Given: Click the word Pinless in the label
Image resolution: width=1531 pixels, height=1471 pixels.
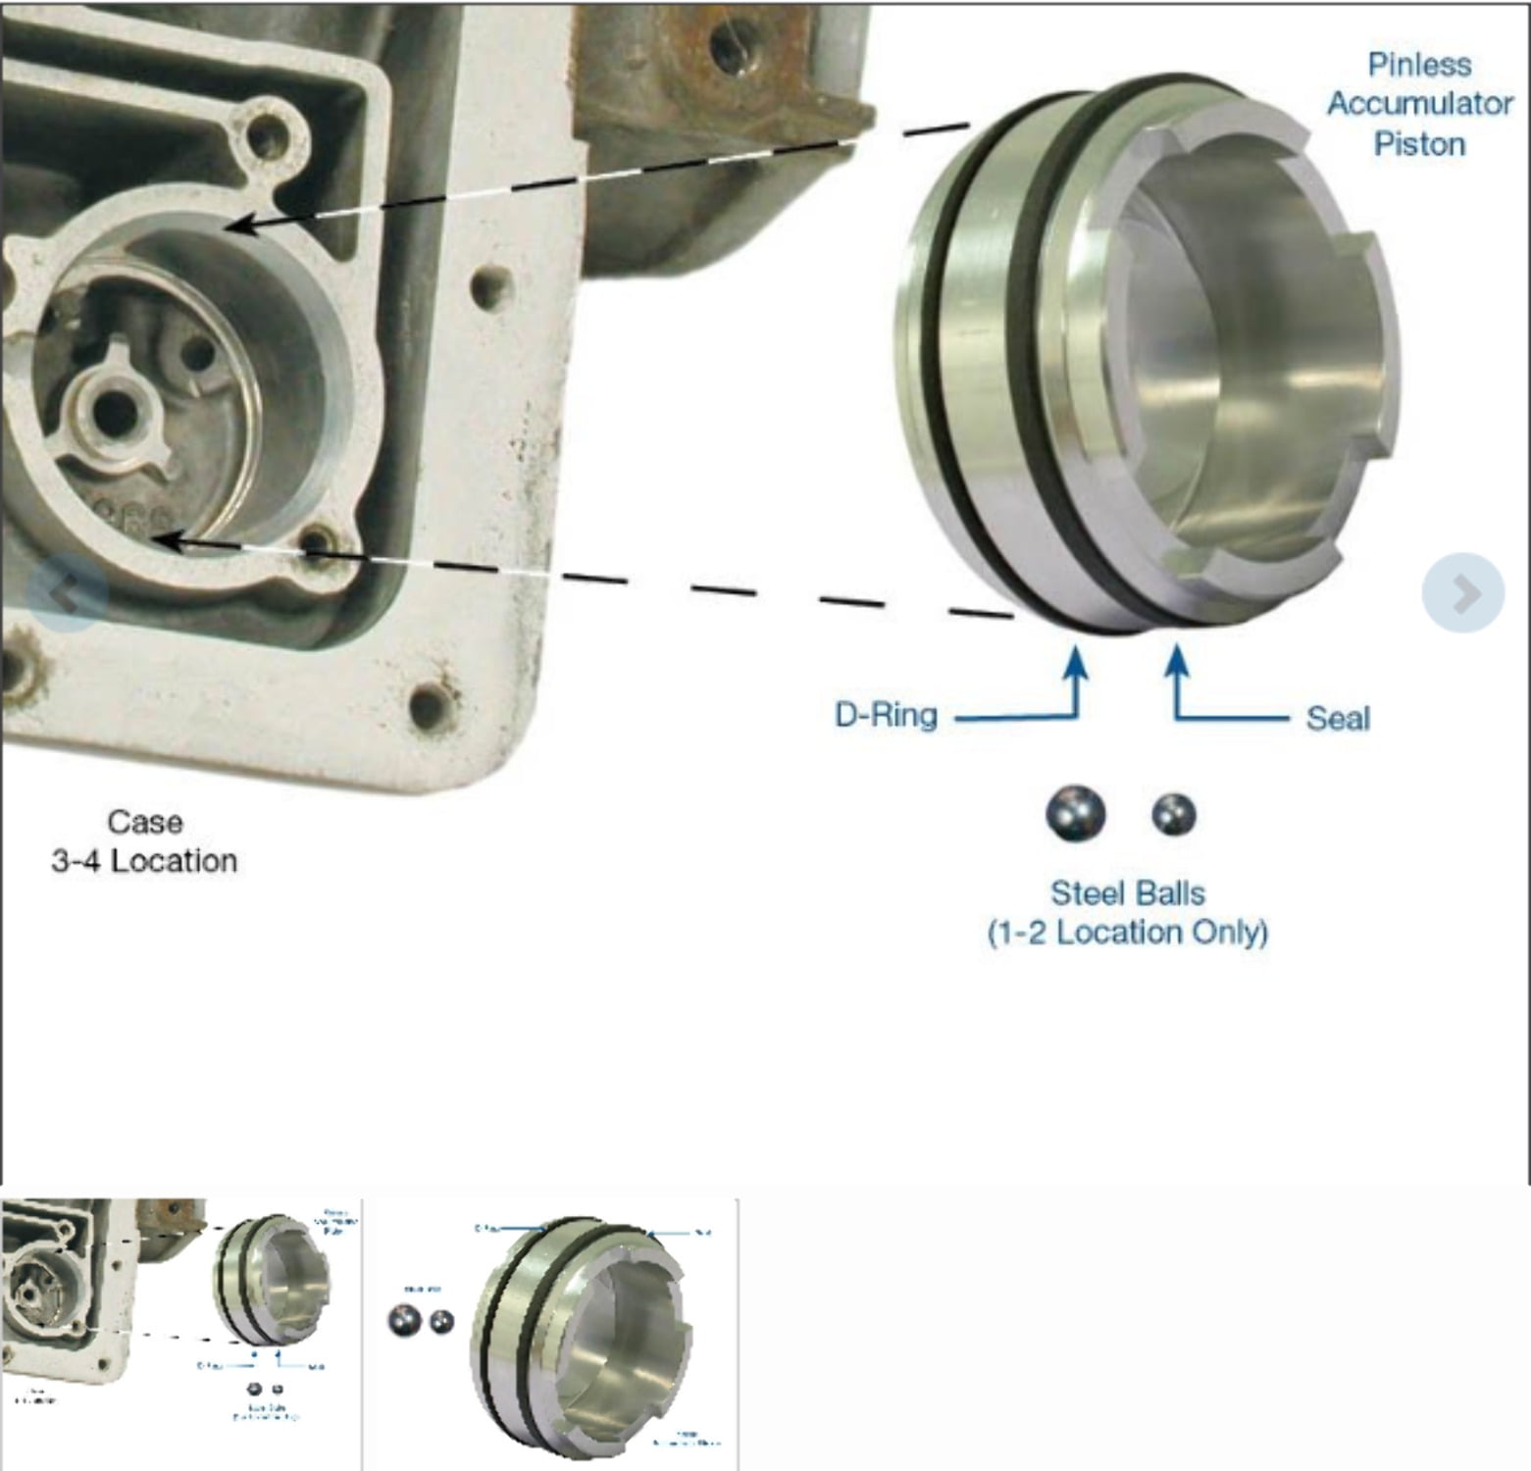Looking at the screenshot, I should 1418,65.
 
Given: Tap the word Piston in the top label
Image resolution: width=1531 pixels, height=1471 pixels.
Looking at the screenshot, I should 1418,144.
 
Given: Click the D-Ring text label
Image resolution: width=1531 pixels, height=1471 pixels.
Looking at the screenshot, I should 886,715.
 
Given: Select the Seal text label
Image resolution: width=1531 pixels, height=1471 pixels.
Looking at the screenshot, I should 1337,718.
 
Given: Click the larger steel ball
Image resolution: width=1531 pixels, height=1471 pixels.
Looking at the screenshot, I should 1075,813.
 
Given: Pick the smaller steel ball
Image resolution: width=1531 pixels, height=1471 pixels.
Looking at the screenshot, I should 1173,814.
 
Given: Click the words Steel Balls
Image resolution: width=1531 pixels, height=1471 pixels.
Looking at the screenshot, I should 1127,892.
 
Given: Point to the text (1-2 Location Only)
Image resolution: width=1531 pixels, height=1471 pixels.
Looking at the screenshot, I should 1127,932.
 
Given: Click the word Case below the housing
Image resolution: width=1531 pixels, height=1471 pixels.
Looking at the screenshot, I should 144,821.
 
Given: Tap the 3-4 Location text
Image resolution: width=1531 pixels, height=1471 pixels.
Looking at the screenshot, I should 144,861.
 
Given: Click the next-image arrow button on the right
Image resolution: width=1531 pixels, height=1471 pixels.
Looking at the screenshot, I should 1462,592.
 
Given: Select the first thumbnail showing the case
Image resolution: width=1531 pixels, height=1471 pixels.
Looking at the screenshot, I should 180,1334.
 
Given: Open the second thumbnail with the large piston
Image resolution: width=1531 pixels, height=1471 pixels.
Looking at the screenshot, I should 551,1334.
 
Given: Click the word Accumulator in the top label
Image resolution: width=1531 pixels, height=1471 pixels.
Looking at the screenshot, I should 1418,104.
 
